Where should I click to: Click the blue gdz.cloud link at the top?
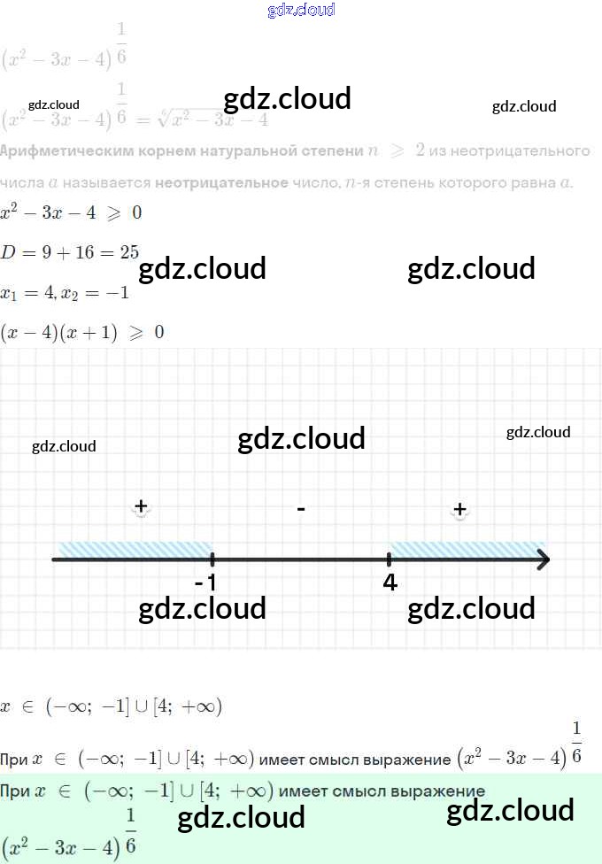[301, 11]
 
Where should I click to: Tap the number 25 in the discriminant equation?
[129, 252]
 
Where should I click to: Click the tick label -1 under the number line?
[206, 582]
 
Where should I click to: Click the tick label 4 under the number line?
[390, 582]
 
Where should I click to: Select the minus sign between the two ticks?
[301, 509]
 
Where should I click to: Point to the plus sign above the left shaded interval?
[140, 506]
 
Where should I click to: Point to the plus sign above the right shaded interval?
[459, 509]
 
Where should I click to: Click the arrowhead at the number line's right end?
[542, 559]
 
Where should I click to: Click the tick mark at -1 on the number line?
[212, 559]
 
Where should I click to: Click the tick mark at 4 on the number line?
[390, 559]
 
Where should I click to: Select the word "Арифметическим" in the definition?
[66, 151]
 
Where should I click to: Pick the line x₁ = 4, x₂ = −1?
[66, 293]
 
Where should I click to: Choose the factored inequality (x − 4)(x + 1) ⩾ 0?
[82, 333]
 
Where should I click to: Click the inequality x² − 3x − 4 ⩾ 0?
[71, 213]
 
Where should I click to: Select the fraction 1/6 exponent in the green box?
[131, 832]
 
